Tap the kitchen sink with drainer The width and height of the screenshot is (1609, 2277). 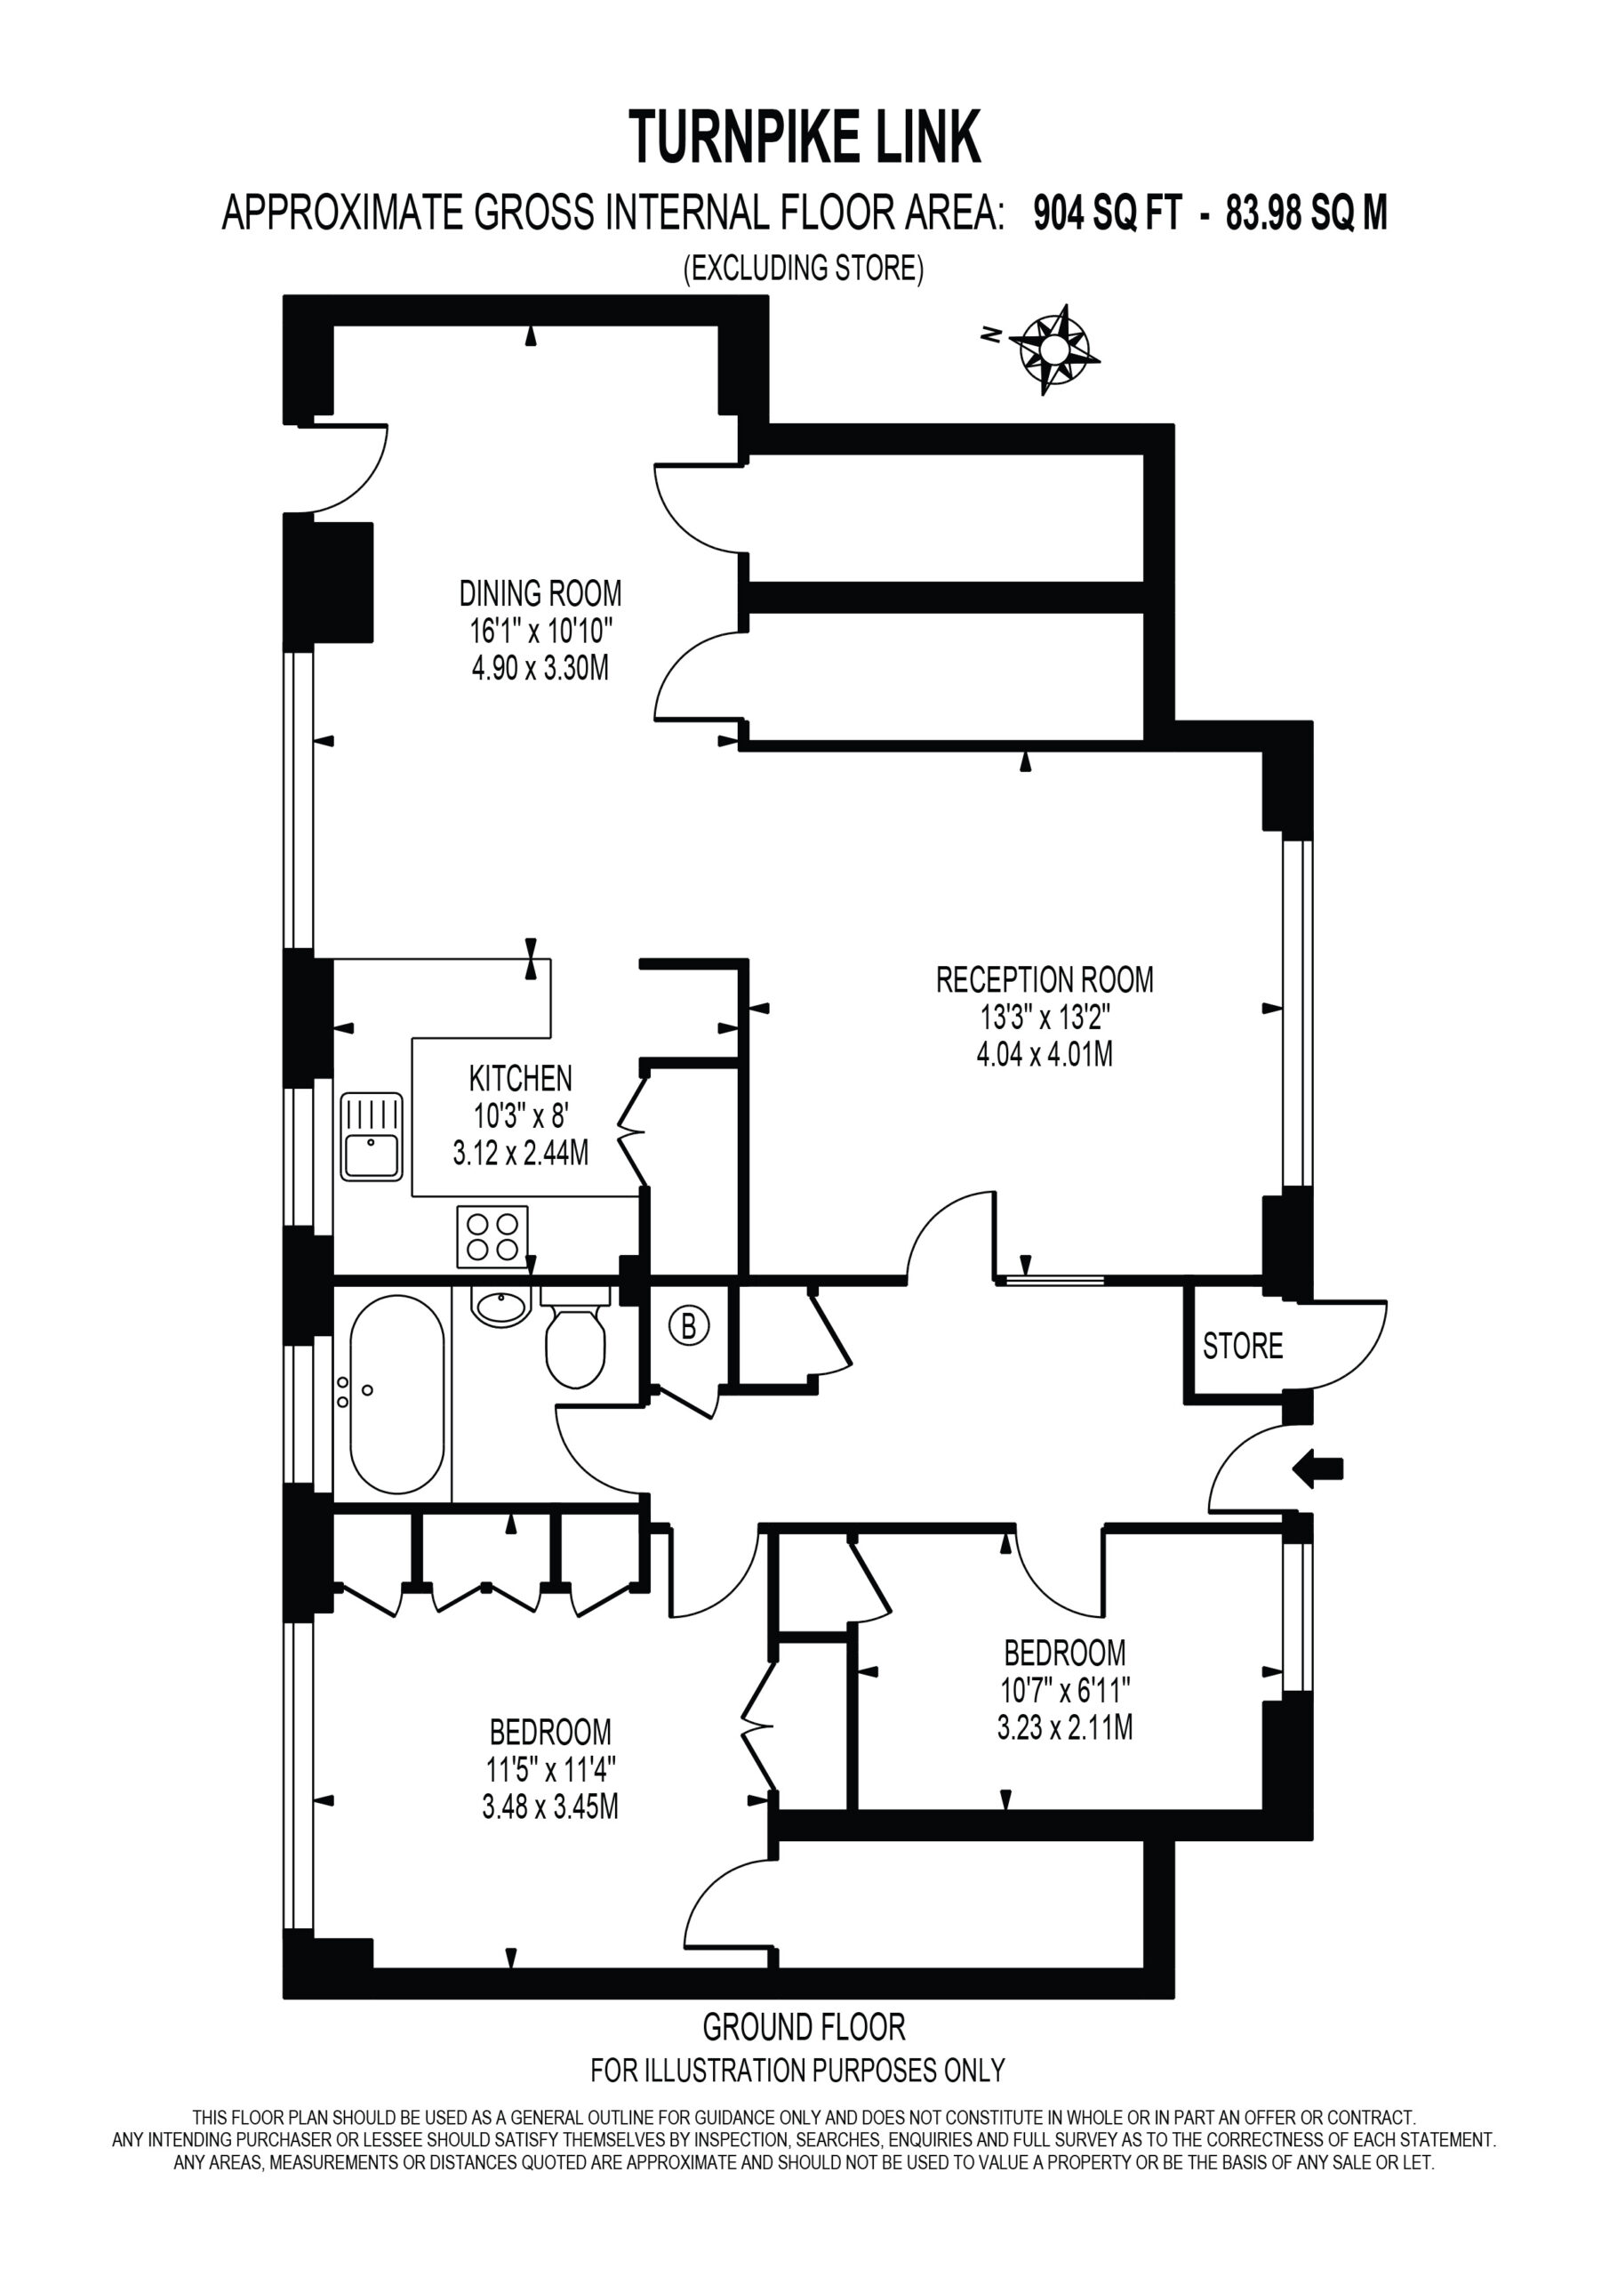(372, 1137)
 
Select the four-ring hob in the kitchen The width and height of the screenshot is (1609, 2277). (492, 1236)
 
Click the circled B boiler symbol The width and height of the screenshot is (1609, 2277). (690, 1326)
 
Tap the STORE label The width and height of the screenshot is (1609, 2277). (1242, 1346)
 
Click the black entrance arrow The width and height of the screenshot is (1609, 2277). (1318, 1467)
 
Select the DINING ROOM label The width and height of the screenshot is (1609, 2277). (540, 594)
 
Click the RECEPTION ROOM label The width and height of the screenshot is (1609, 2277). (1045, 980)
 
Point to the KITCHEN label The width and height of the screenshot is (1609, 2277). (520, 1078)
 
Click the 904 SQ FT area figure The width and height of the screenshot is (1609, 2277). (1108, 213)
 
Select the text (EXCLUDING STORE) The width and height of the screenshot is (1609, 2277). (804, 268)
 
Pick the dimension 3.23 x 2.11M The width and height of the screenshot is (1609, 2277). (1065, 1701)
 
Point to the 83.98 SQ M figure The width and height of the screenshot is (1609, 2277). (1307, 213)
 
